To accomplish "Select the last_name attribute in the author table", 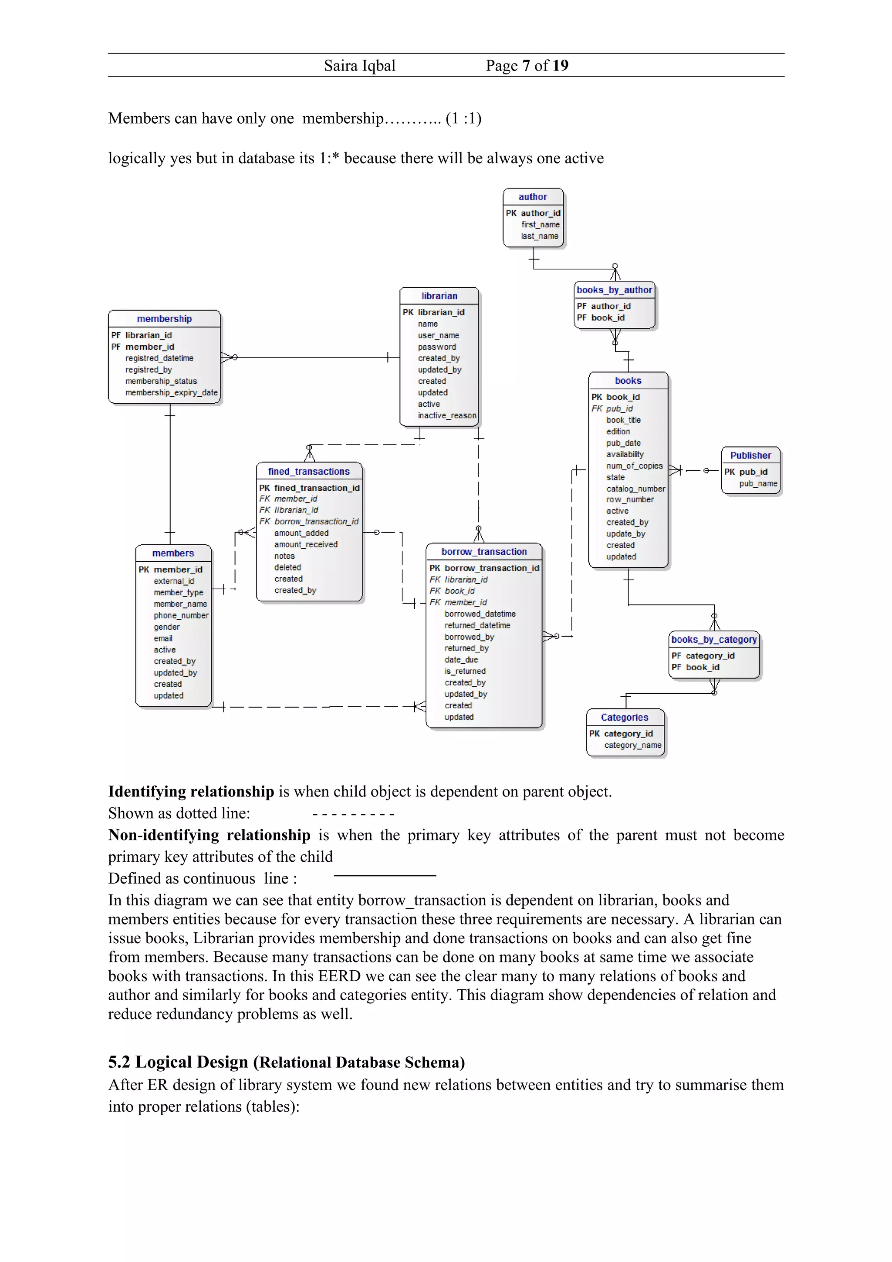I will tap(539, 236).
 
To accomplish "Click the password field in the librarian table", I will tap(436, 347).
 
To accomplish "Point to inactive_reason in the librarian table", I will tap(446, 415).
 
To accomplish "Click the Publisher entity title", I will tap(750, 455).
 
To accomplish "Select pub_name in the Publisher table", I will tap(757, 484).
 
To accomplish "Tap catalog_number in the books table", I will tap(635, 489).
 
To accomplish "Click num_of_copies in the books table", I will tap(634, 466).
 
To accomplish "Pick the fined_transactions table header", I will tap(308, 472).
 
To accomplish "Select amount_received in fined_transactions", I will tap(306, 544).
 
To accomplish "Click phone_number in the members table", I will tap(181, 616).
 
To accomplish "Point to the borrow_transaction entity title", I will tap(483, 551).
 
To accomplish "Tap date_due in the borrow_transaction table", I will tap(461, 660).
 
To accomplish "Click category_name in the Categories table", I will tap(632, 746).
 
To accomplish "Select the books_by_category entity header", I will tap(713, 639).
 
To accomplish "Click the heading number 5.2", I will tap(119, 1062).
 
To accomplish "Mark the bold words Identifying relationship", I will tap(191, 792).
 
